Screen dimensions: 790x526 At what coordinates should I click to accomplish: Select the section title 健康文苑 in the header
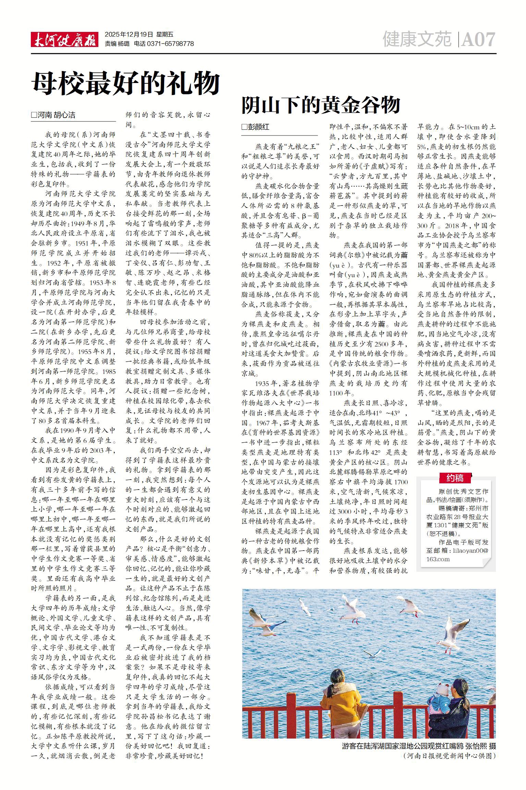417,39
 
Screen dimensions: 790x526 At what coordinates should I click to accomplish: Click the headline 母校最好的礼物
126,84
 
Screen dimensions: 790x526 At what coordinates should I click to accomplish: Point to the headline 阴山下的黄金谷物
321,105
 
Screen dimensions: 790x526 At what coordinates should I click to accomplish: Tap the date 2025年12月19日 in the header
129,34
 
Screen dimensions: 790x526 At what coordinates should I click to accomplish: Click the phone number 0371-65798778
170,44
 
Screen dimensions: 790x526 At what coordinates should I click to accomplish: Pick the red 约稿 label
455,477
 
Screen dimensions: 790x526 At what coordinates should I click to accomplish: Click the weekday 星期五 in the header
165,34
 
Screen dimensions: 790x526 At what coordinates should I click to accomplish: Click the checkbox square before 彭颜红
244,127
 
